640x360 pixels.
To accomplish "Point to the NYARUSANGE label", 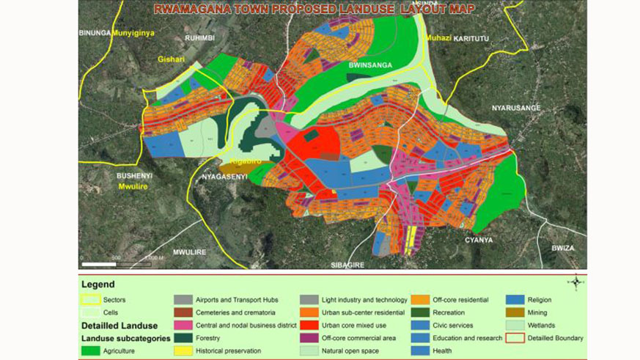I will click(x=515, y=108).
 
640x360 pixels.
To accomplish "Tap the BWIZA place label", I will click(x=563, y=248).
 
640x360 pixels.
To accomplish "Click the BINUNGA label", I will click(x=95, y=33).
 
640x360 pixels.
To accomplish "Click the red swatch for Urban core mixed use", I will click(x=309, y=326).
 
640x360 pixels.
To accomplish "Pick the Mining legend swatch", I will click(x=515, y=312).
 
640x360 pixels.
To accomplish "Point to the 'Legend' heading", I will click(x=98, y=284).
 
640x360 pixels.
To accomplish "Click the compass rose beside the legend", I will click(x=577, y=282).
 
